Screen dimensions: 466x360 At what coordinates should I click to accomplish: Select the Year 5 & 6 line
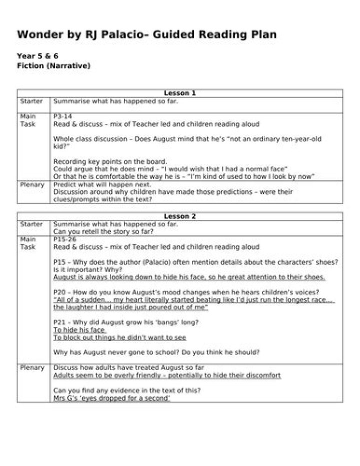tap(37, 56)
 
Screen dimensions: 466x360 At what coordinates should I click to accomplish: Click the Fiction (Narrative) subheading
tap(53, 65)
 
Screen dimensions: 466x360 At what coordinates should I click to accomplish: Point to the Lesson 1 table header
tap(180, 93)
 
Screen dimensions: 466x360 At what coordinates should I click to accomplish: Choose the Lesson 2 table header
tap(180, 216)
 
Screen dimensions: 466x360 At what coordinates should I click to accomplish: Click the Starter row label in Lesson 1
tap(31, 101)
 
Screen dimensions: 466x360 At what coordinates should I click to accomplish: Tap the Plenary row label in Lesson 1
tap(32, 184)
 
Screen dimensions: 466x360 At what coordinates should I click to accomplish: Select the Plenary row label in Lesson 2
tap(32, 368)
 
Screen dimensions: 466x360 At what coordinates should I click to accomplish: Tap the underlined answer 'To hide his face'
tap(79, 330)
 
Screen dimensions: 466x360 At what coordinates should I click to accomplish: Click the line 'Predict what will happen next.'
tap(102, 184)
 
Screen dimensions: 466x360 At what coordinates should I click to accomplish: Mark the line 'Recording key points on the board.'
tap(110, 162)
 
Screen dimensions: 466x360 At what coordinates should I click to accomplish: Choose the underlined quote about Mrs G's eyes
tap(112, 398)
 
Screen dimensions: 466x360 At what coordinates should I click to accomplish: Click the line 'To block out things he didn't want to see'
tap(119, 338)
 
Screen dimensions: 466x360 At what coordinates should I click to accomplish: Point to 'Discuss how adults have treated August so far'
tap(128, 368)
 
